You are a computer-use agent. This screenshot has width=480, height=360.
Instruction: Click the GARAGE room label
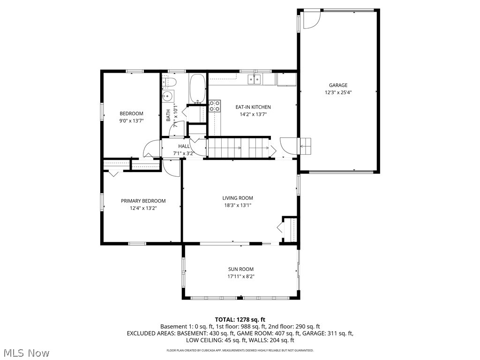tap(338, 85)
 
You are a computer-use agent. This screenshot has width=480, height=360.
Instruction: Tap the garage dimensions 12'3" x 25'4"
tap(338, 92)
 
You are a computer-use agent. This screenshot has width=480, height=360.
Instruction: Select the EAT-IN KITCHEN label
tap(253, 107)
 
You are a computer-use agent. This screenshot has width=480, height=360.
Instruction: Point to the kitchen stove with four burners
tap(215, 106)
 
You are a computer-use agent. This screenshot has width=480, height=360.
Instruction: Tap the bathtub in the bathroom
tap(197, 88)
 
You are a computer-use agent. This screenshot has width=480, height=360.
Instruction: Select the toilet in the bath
tap(169, 83)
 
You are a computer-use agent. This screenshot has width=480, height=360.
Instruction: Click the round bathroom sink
tap(167, 97)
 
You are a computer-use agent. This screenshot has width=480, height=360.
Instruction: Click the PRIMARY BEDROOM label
tap(143, 201)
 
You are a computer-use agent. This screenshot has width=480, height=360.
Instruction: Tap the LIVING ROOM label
tap(238, 198)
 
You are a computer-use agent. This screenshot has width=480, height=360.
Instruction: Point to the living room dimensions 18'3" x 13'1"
tap(238, 205)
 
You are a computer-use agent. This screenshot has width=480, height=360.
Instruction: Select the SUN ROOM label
tap(241, 269)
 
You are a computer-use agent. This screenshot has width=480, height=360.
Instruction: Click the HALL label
tap(184, 146)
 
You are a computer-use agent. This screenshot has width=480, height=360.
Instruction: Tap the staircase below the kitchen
tap(239, 148)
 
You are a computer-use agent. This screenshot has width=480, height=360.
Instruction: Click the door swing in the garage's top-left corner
tap(310, 19)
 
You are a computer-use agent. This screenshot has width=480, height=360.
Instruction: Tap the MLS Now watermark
tap(26, 352)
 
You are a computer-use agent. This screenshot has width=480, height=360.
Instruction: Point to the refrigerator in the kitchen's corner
tap(286, 80)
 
